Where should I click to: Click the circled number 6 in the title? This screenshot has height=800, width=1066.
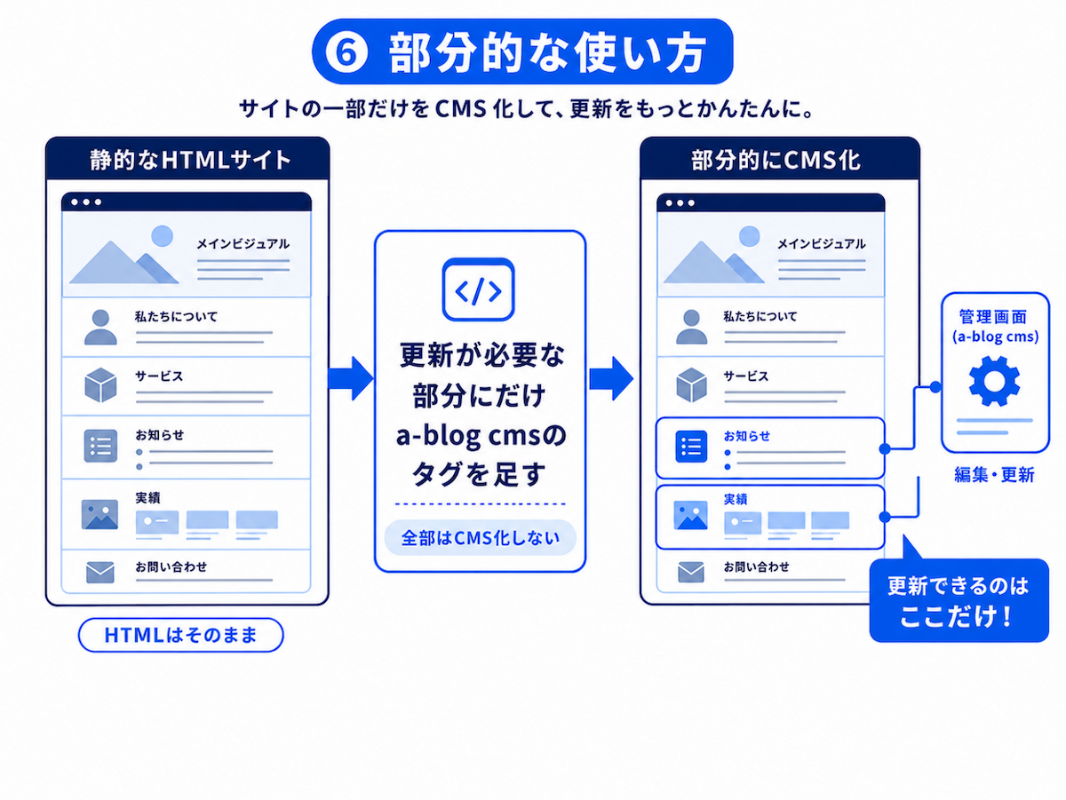tap(346, 52)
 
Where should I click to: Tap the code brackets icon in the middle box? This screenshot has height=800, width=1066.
tap(478, 289)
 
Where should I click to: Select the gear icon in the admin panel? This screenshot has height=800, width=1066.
tap(994, 381)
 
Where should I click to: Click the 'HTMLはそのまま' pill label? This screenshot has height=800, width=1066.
tap(180, 635)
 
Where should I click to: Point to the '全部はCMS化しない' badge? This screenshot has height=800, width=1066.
tap(481, 538)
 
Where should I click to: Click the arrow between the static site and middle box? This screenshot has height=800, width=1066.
tap(351, 378)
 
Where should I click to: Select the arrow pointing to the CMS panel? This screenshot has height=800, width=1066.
tap(611, 378)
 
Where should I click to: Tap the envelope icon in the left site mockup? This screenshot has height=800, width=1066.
tap(100, 573)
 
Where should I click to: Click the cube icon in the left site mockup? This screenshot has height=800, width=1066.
tap(100, 385)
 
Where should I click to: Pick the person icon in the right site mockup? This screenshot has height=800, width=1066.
tap(691, 327)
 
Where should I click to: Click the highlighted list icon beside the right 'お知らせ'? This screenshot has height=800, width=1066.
tap(691, 446)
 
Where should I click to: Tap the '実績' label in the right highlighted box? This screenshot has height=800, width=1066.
tap(736, 499)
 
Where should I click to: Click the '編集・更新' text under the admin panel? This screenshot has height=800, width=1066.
tap(994, 475)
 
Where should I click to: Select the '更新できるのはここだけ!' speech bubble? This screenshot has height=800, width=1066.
tap(959, 600)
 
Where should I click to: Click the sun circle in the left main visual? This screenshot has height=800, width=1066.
tap(163, 236)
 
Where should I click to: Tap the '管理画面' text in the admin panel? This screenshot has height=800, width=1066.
tap(993, 316)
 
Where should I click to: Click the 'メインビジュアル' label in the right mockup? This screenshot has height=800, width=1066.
tap(821, 243)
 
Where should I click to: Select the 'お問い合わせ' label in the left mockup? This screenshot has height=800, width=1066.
tap(171, 566)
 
